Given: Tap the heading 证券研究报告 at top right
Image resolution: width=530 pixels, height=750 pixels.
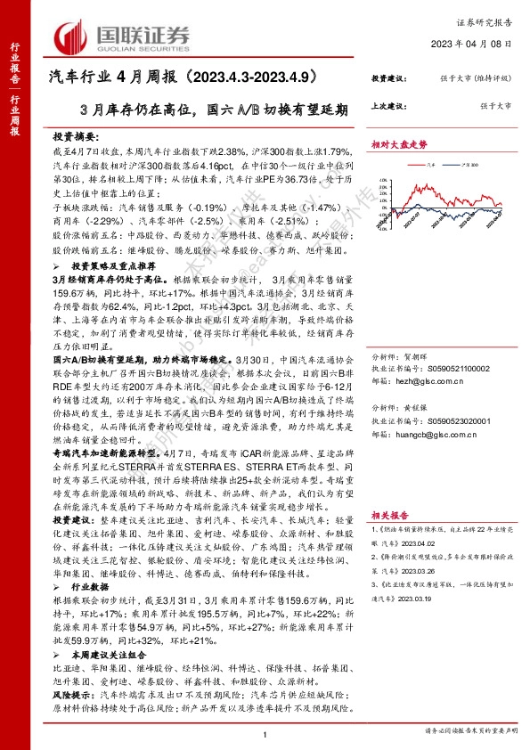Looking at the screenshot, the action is click(x=489, y=18).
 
